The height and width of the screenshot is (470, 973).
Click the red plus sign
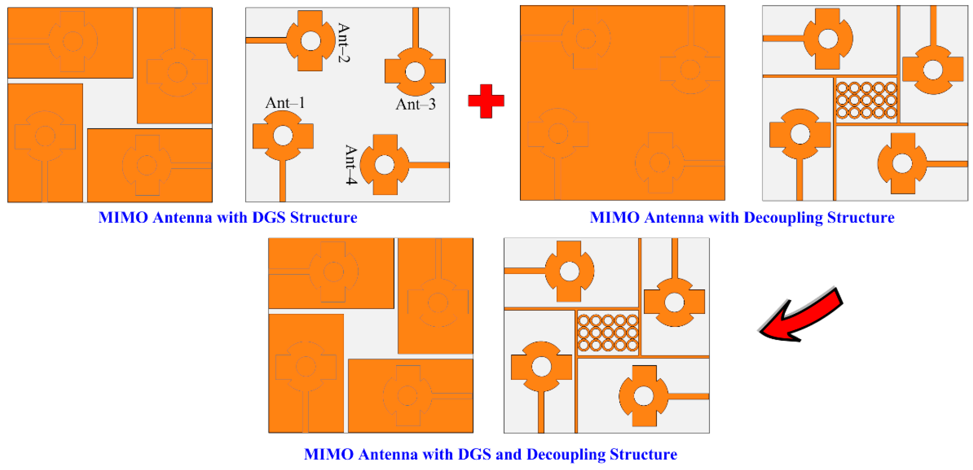pos(486,101)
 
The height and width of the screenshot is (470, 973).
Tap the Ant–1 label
pos(285,103)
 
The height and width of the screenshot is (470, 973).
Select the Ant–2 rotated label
pos(343,43)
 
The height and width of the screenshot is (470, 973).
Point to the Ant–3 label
pos(415,104)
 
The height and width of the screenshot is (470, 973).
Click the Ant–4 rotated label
pos(351,165)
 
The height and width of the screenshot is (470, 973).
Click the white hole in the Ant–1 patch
pos(283,136)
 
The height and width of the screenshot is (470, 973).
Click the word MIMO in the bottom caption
pos(329,455)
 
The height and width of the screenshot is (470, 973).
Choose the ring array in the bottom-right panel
pos(608,333)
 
